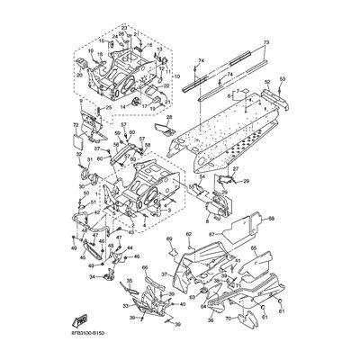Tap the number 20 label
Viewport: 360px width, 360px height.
click(79, 76)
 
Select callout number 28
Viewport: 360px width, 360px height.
click(168, 118)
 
